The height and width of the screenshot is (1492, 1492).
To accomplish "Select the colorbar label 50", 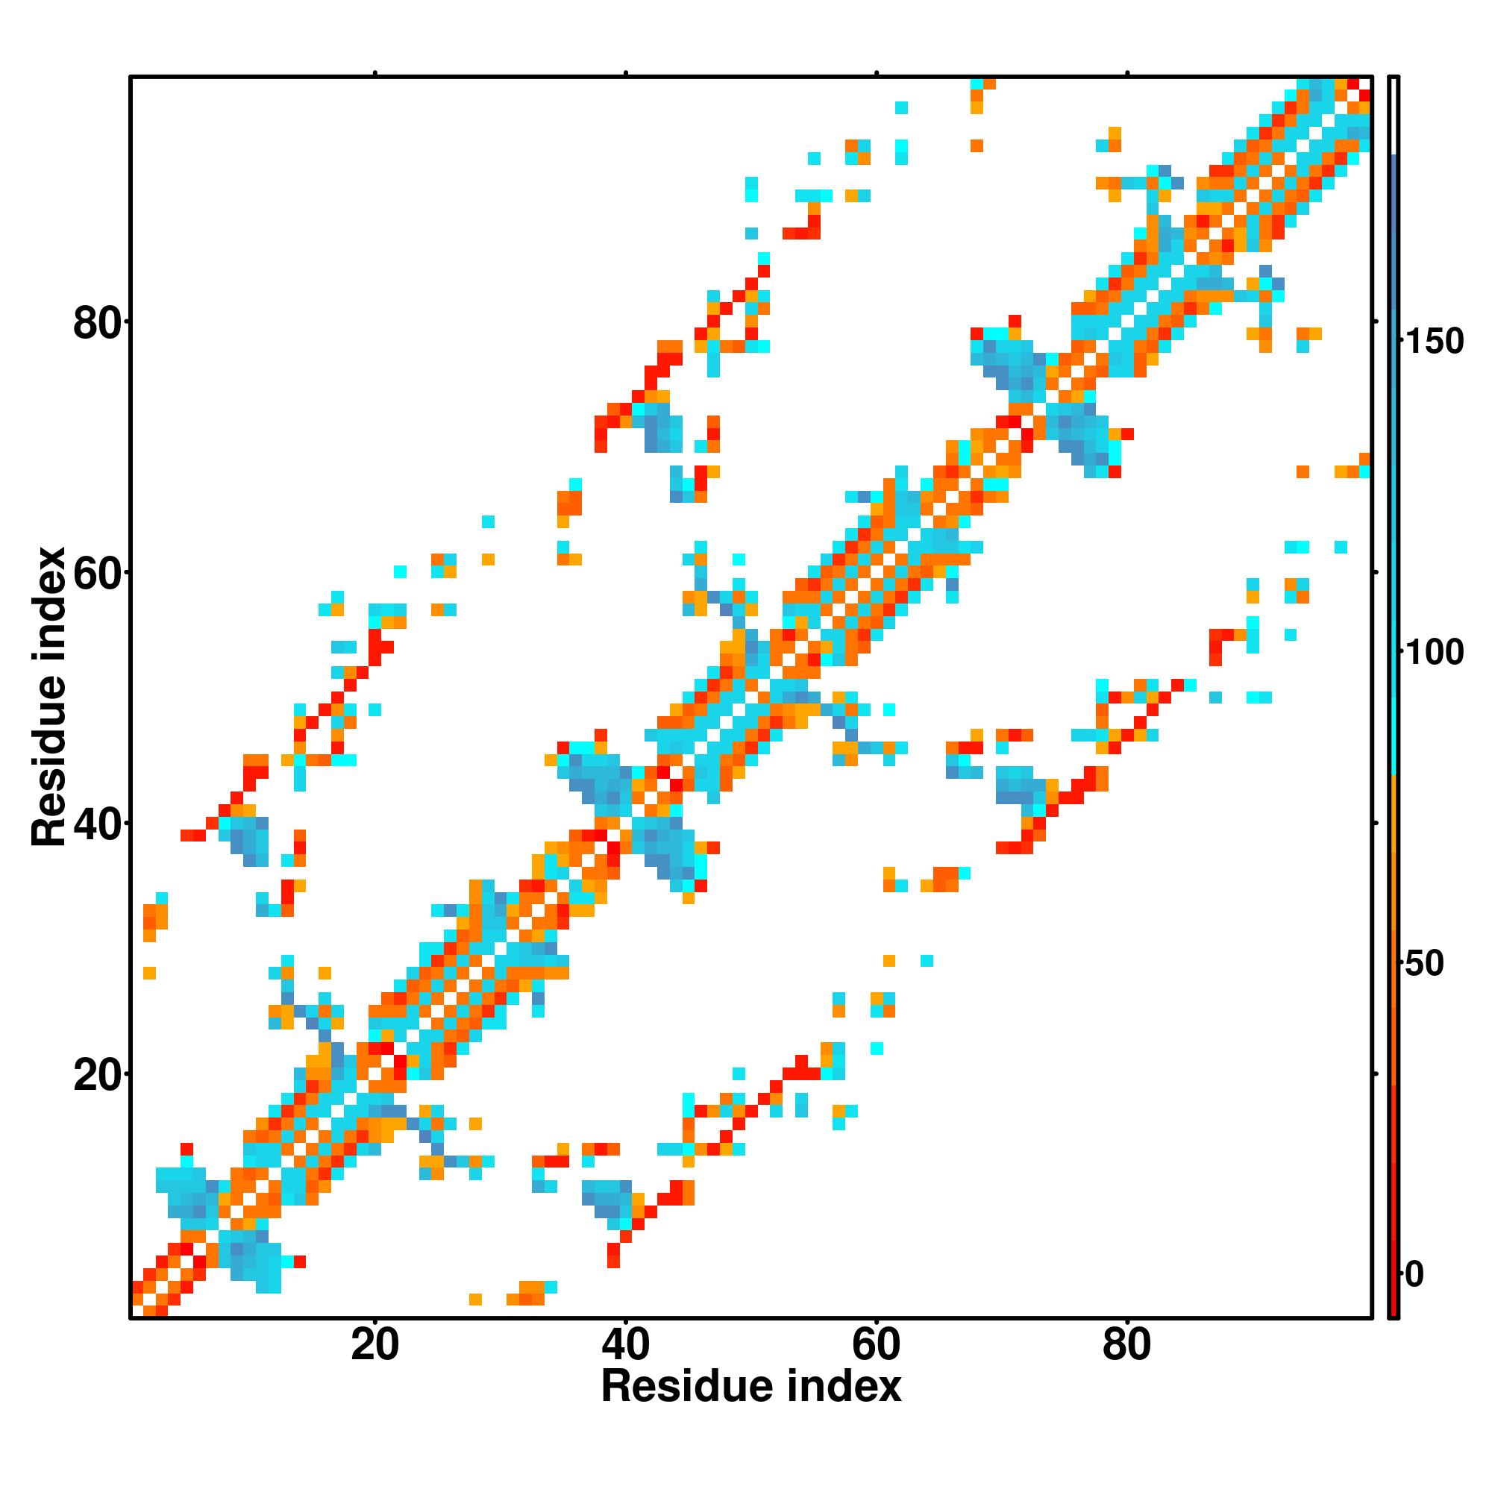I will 1424,964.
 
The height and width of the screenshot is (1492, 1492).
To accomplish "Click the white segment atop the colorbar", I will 1394,116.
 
